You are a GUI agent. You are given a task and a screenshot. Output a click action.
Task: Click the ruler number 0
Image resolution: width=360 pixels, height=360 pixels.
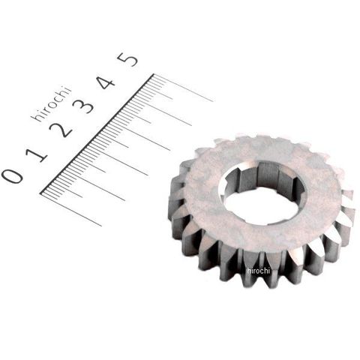coord(13,176)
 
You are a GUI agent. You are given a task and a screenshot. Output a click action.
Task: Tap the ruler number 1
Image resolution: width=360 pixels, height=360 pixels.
coord(37,154)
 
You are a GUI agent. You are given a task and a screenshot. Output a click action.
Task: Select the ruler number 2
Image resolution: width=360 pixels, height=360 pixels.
coord(61,130)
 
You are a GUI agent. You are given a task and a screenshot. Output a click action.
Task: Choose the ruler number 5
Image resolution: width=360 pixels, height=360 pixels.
coord(127,59)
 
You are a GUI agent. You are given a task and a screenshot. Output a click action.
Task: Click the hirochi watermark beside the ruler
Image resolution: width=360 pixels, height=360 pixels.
coord(51,104)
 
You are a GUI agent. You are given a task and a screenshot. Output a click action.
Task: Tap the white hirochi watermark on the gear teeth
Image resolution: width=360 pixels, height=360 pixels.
coord(258,271)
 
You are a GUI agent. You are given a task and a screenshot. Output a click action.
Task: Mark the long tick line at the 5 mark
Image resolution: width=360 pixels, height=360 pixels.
coord(183,88)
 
